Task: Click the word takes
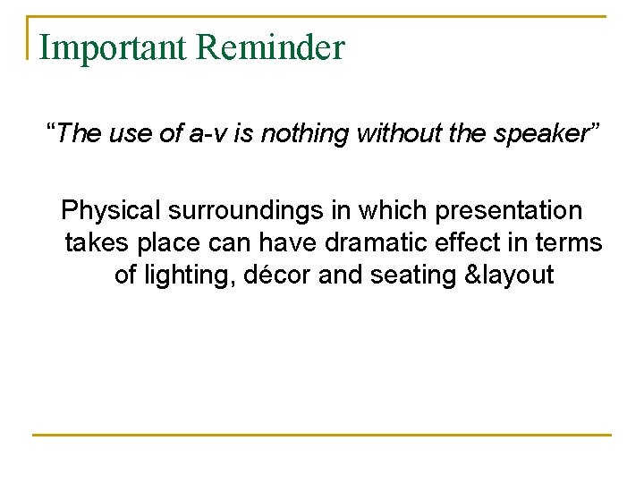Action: pos(97,242)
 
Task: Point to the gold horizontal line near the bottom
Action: pos(322,435)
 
